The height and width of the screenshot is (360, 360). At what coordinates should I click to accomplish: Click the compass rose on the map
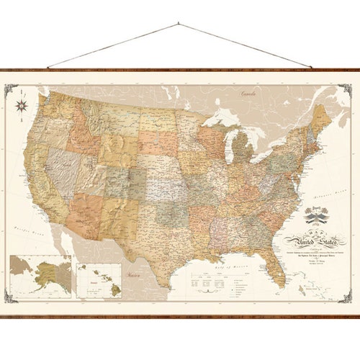pyautogui.click(x=22, y=104)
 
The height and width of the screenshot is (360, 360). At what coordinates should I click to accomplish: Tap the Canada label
pyautogui.click(x=248, y=93)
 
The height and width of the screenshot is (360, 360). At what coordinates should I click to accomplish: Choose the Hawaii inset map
pyautogui.click(x=99, y=278)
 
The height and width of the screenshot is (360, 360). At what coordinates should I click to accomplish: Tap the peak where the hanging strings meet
pyautogui.click(x=177, y=24)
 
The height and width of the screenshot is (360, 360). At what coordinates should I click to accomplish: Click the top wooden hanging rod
pyautogui.click(x=180, y=70)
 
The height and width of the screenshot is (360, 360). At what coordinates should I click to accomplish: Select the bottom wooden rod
pyautogui.click(x=180, y=316)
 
